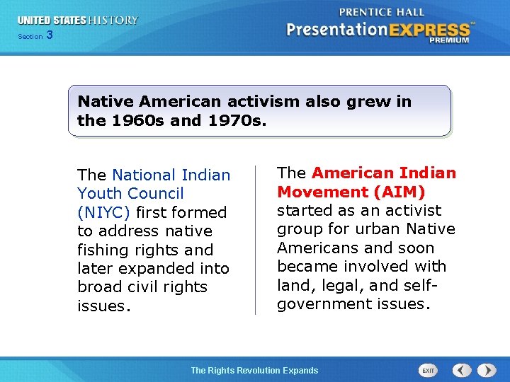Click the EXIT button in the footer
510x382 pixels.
[x=428, y=371]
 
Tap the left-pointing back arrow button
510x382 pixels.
[x=462, y=371]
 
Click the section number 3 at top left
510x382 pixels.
[x=49, y=35]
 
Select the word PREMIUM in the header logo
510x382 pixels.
[x=448, y=40]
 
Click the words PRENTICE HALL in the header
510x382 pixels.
[x=382, y=12]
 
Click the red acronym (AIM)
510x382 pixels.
[x=401, y=192]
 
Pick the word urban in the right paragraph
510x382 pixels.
[x=378, y=229]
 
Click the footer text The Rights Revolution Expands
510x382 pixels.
[x=254, y=371]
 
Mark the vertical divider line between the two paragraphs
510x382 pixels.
[x=255, y=240]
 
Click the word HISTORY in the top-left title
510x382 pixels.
[x=113, y=21]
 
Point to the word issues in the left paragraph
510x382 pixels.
[x=103, y=306]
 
